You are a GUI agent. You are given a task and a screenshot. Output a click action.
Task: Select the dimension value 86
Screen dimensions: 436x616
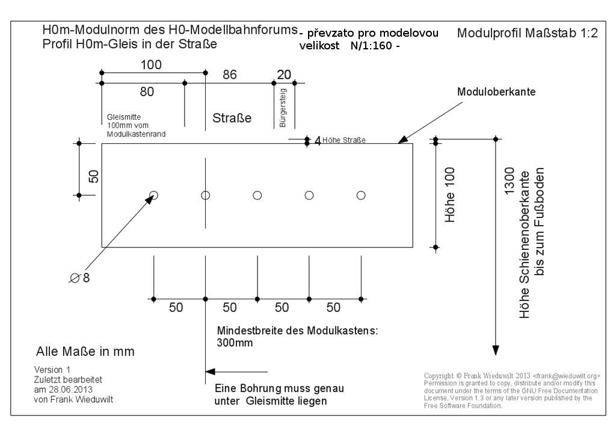230,75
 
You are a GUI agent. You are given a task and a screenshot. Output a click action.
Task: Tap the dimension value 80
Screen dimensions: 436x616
147,92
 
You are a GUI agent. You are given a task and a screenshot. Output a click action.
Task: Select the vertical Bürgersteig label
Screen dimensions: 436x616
283,108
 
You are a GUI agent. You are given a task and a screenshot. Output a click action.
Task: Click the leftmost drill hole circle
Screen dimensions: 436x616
154,195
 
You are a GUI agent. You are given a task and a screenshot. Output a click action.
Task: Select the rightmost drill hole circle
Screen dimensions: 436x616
361,195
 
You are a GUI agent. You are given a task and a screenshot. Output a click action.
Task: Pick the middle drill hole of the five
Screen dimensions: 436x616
257,195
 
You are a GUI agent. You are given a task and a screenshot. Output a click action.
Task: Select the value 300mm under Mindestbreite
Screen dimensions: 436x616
235,343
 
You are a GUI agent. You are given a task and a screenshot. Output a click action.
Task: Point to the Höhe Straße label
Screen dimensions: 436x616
344,141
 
